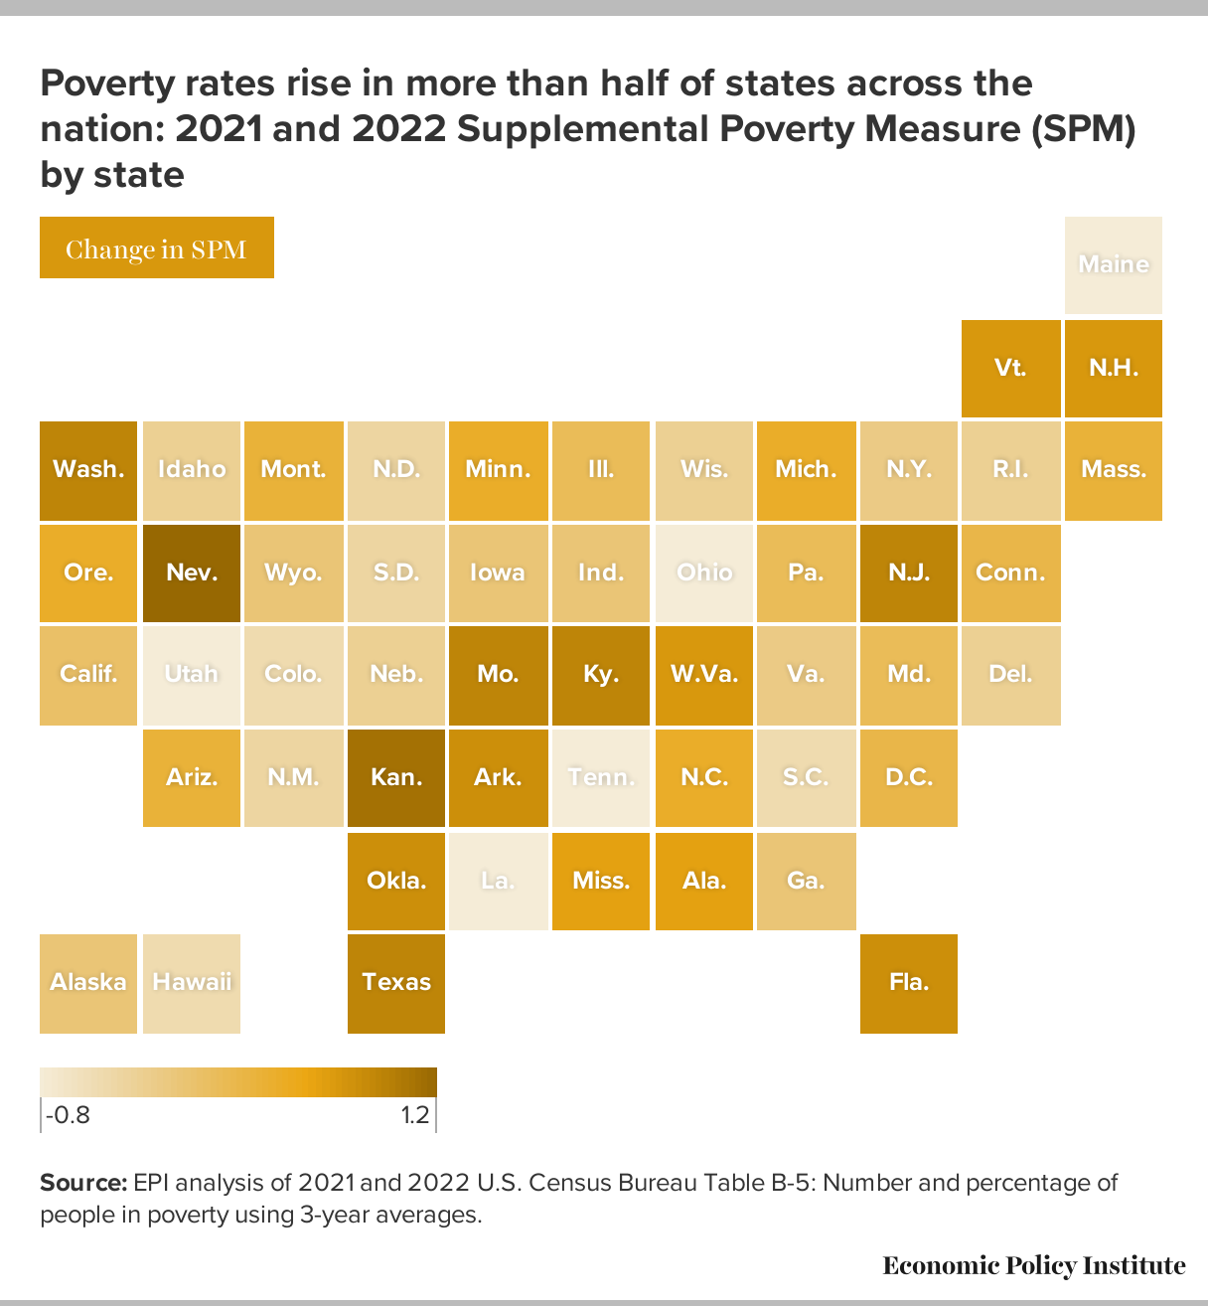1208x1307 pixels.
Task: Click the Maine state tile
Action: (1114, 264)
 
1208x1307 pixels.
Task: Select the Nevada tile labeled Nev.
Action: (192, 572)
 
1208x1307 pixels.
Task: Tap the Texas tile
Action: (396, 983)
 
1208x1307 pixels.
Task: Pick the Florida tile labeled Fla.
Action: (909, 983)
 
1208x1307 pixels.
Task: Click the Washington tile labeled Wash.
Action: (88, 470)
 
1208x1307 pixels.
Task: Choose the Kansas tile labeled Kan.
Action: (396, 778)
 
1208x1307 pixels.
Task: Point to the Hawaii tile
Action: (192, 983)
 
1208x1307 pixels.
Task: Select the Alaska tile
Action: (88, 983)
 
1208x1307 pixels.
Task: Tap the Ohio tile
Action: (704, 572)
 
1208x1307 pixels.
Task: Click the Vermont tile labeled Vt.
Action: (1010, 369)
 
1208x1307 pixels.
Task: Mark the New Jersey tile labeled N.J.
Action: (909, 572)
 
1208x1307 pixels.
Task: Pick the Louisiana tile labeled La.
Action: (498, 882)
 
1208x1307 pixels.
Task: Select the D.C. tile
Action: (909, 778)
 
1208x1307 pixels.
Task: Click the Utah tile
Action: (192, 675)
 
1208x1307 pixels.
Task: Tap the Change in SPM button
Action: (157, 247)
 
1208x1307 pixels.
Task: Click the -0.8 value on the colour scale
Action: (68, 1115)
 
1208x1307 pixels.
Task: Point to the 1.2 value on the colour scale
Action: (415, 1115)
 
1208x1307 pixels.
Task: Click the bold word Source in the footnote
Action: (83, 1183)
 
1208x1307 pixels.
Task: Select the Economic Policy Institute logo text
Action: (1033, 1265)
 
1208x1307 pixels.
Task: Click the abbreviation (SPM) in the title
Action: (1083, 128)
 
